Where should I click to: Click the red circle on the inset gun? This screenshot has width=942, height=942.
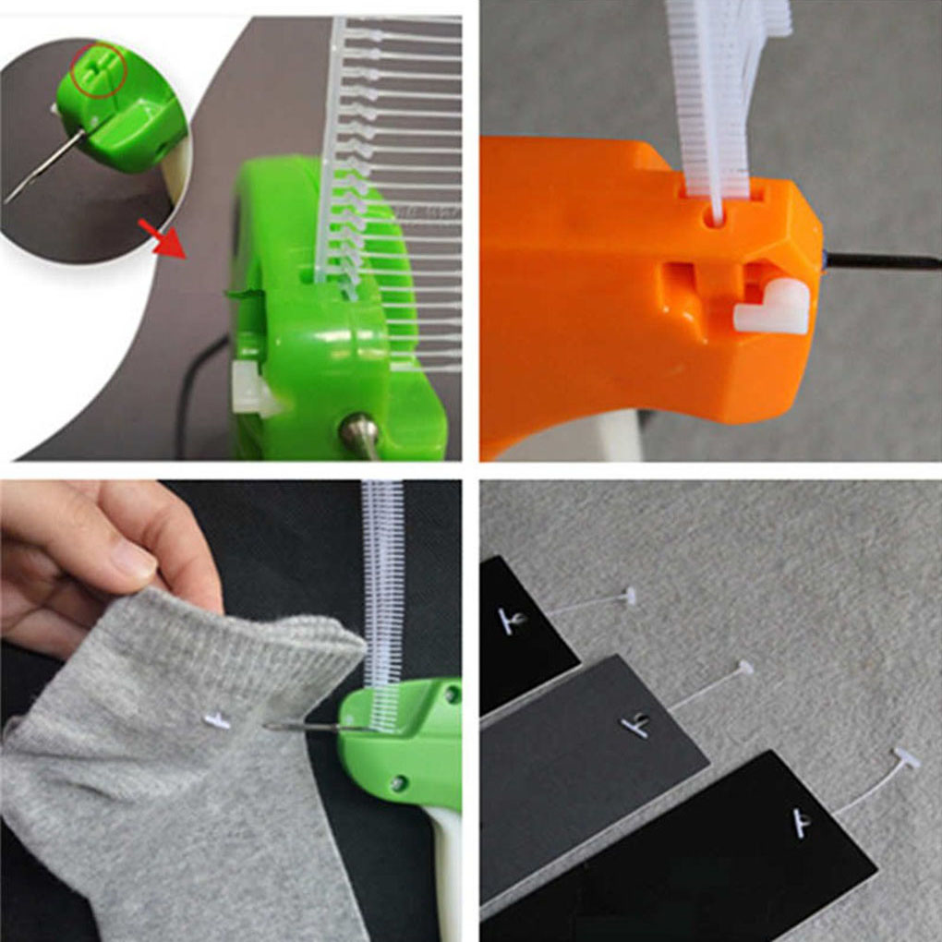[99, 69]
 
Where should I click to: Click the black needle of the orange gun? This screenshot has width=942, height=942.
[882, 261]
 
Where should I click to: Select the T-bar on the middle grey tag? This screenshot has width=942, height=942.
[635, 725]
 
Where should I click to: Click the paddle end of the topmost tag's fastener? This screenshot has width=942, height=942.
[630, 597]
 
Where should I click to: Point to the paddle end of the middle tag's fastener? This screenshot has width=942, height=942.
[743, 668]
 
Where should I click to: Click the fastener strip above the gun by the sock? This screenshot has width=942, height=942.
[381, 591]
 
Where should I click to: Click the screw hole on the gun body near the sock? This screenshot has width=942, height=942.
[398, 782]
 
